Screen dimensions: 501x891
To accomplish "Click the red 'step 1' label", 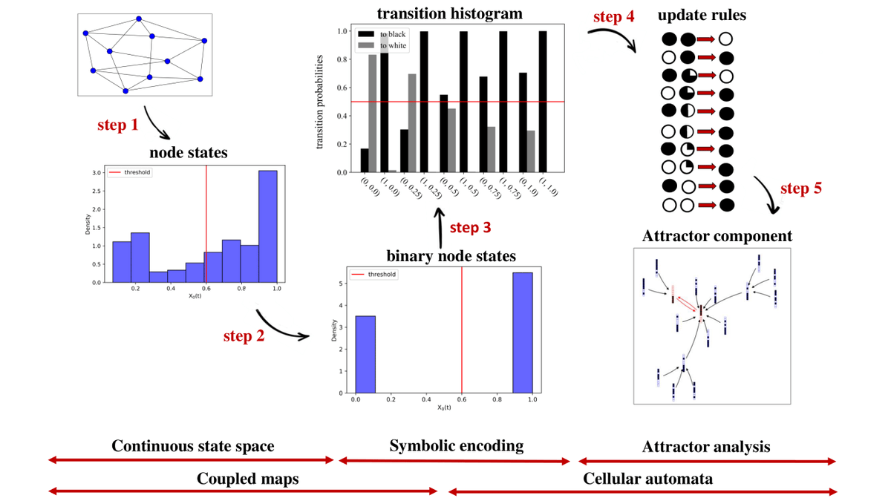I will point(117,125).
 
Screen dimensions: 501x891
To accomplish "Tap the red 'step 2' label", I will point(244,336).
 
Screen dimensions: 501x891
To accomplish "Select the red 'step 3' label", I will point(471,227).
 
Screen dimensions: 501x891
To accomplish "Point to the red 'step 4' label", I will point(613,16).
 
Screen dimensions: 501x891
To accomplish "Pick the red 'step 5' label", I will point(801,188).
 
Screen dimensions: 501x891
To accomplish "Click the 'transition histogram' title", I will point(449,13).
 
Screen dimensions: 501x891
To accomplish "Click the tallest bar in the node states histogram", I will point(267,226).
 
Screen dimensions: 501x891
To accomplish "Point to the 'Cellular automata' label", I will point(647,479).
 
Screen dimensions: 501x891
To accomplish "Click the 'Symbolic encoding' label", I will point(457,445).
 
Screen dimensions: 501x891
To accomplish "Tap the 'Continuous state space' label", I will point(193,446).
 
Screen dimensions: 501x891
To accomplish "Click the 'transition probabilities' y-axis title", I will point(320,102).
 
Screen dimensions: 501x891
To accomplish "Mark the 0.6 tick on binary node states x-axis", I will point(462,399).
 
